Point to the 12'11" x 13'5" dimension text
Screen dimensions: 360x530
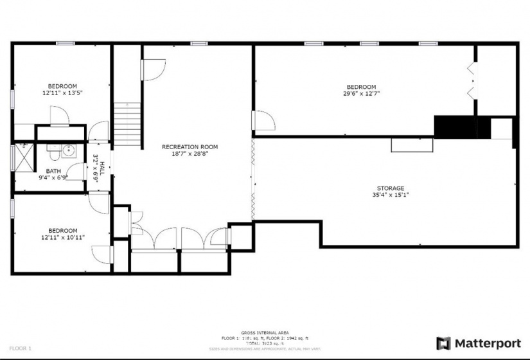tap(62, 93)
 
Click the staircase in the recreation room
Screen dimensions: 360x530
tap(127, 125)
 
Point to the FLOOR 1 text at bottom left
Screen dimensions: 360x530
tap(21, 348)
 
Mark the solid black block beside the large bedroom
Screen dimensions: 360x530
tap(454, 126)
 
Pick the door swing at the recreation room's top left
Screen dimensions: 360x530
tap(153, 69)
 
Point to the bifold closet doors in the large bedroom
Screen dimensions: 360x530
tap(472, 80)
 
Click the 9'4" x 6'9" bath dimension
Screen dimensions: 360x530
tap(53, 177)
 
